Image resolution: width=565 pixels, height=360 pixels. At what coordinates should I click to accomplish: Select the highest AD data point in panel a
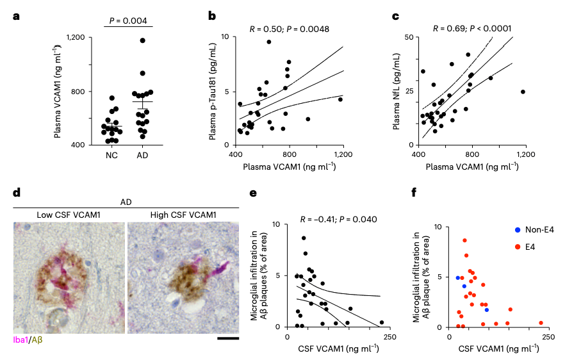[x=142, y=40]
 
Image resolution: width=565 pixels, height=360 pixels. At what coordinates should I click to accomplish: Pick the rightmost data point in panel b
[x=340, y=99]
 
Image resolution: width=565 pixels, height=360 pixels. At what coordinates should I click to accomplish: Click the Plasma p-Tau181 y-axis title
[x=213, y=90]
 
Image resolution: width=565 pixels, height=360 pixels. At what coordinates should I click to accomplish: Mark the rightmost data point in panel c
[x=523, y=92]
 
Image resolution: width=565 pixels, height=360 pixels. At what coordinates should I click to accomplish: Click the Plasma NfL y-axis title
[x=397, y=90]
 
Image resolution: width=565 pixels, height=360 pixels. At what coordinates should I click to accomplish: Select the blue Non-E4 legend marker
[x=517, y=230]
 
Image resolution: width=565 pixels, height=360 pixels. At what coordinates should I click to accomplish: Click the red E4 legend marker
[x=517, y=245]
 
